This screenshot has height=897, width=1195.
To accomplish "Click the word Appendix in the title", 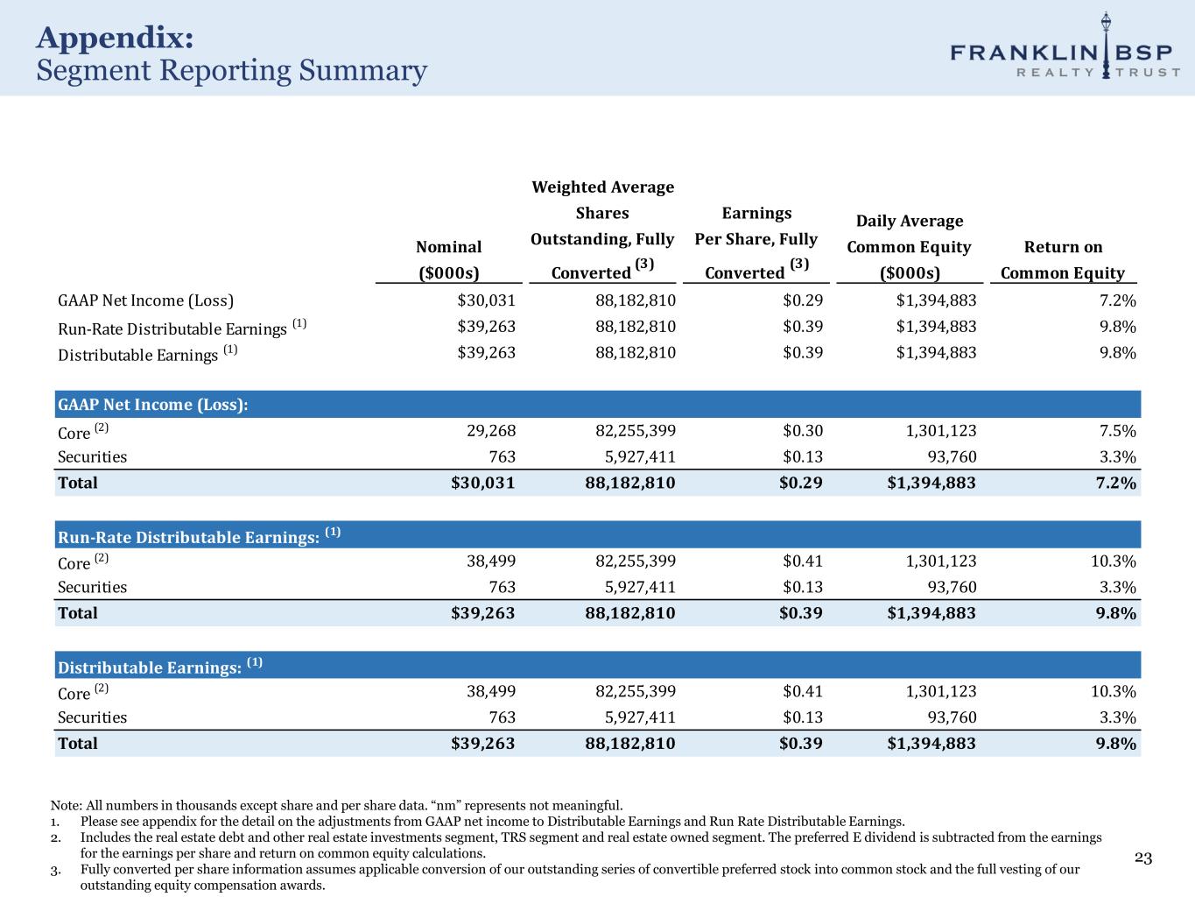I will pos(115,38).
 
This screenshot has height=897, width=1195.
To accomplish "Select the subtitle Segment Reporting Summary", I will pos(231,70).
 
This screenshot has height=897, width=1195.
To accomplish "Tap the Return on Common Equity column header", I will pos(1062,259).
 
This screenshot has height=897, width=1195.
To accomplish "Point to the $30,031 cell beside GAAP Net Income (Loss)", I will pos(486,300).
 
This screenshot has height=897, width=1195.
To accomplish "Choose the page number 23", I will pos(1143,858).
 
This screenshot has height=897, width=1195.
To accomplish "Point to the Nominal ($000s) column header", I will pos(448,259).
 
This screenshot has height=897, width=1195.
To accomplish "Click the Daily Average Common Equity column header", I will pos(909,246).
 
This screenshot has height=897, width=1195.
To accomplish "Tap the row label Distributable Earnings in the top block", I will pos(137,355).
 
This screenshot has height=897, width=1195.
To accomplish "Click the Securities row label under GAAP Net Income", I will pos(92,456).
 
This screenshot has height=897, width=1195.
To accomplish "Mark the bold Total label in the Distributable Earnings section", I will pos(78,744).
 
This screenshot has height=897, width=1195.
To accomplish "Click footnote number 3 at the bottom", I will pos(55,870).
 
